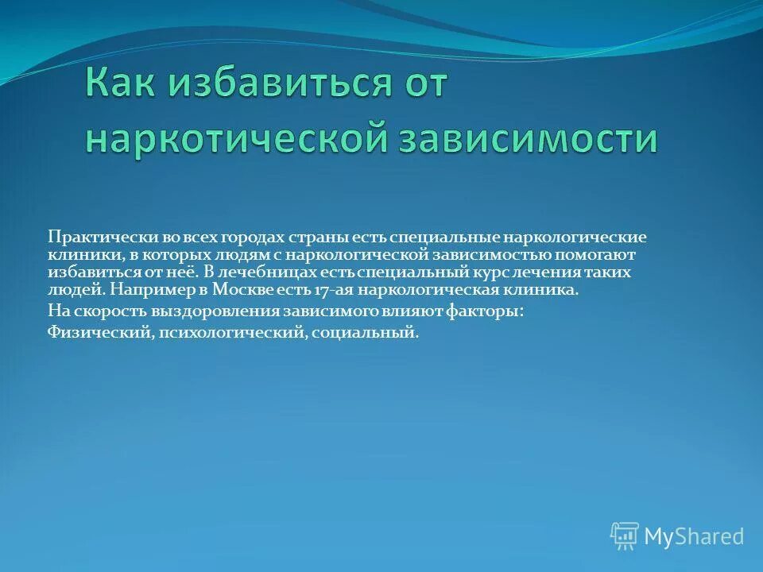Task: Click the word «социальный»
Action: point(365,333)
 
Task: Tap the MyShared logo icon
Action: point(624,535)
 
